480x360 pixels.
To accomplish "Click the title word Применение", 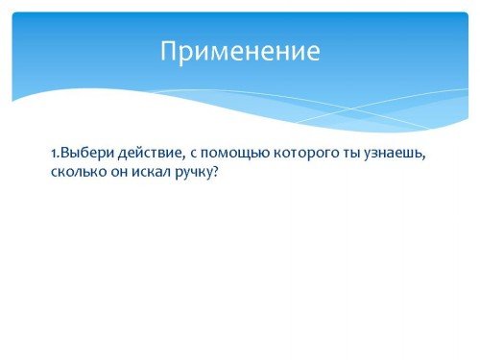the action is click(x=240, y=51).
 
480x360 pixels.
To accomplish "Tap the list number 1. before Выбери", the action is click(x=56, y=154).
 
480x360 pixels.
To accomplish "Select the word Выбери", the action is click(x=87, y=154).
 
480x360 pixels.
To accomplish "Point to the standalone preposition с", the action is click(x=193, y=155).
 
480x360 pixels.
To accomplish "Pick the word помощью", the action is click(x=235, y=155).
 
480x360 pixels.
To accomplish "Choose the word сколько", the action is click(x=79, y=172).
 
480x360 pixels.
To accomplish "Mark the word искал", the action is click(x=151, y=172).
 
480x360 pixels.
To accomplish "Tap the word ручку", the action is click(x=193, y=173).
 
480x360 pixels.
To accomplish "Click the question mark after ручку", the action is click(x=215, y=172).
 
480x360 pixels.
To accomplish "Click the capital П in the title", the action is click(x=168, y=51).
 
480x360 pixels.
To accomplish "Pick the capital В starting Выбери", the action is click(x=65, y=154).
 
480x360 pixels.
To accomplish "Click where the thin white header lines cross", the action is click(x=350, y=109).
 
